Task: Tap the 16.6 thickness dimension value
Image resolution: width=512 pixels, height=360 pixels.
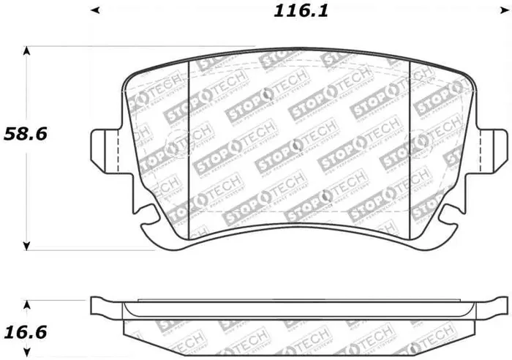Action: (x=26, y=332)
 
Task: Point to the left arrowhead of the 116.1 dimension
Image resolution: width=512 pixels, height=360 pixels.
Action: (x=94, y=10)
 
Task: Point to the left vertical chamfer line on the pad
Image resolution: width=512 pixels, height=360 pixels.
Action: (x=189, y=146)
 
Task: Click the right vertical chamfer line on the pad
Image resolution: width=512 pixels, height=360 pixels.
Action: (x=410, y=146)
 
